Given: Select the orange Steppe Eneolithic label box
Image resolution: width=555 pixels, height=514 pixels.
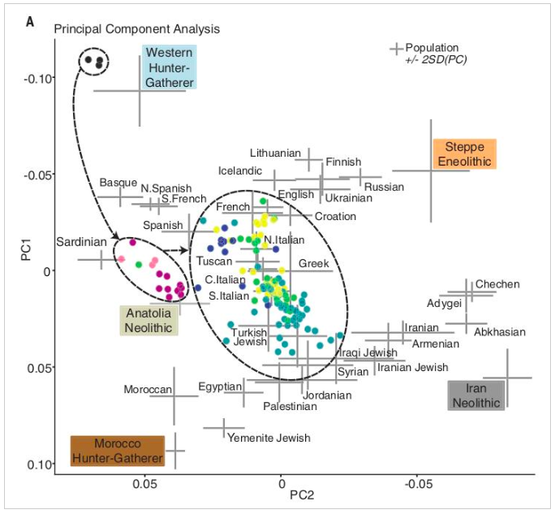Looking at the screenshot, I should tap(463, 153).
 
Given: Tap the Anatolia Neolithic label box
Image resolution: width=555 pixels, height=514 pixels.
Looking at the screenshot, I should tap(148, 320).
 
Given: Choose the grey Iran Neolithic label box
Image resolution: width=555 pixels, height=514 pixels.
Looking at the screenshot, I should tap(476, 395).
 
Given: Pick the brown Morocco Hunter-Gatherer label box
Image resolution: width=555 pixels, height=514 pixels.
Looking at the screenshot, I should tap(118, 451).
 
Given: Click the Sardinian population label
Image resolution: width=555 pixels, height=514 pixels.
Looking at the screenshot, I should tap(81, 242).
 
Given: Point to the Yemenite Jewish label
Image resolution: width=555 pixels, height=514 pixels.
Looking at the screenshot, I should tap(269, 438).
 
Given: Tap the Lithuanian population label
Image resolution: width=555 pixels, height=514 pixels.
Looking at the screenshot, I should tap(275, 153).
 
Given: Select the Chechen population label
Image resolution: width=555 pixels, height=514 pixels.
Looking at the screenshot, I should tap(497, 284).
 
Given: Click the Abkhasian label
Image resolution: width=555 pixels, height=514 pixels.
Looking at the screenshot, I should tap(500, 332).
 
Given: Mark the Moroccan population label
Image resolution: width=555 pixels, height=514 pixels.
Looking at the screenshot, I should tap(148, 390).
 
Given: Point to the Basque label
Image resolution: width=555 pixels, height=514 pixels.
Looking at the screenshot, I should tap(118, 183).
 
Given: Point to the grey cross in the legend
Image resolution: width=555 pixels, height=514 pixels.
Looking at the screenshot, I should tap(397, 50).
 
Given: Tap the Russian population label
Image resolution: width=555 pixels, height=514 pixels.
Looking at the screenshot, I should tap(384, 187).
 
